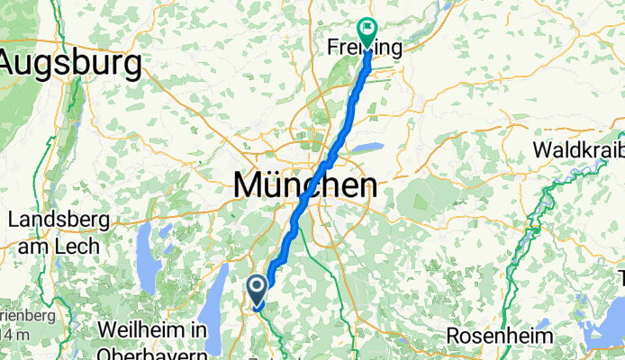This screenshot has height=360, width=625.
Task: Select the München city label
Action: (x=304, y=186)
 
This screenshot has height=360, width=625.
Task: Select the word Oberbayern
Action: (x=161, y=351)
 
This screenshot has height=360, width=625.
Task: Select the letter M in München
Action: (x=249, y=186)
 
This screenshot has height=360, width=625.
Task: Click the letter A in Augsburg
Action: (x=15, y=64)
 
